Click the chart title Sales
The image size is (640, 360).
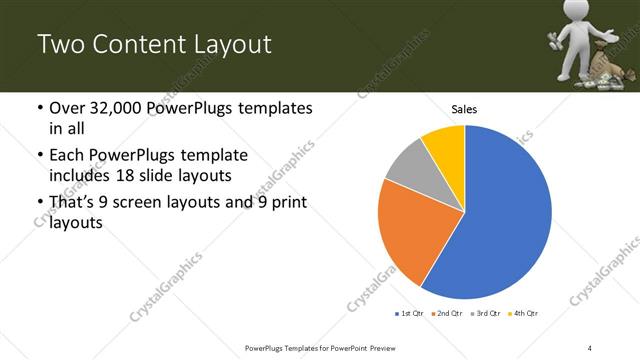point(464,108)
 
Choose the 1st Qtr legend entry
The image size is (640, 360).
point(409,314)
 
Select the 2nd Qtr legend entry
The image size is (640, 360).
point(447,314)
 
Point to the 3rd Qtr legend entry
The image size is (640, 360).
point(486,314)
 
